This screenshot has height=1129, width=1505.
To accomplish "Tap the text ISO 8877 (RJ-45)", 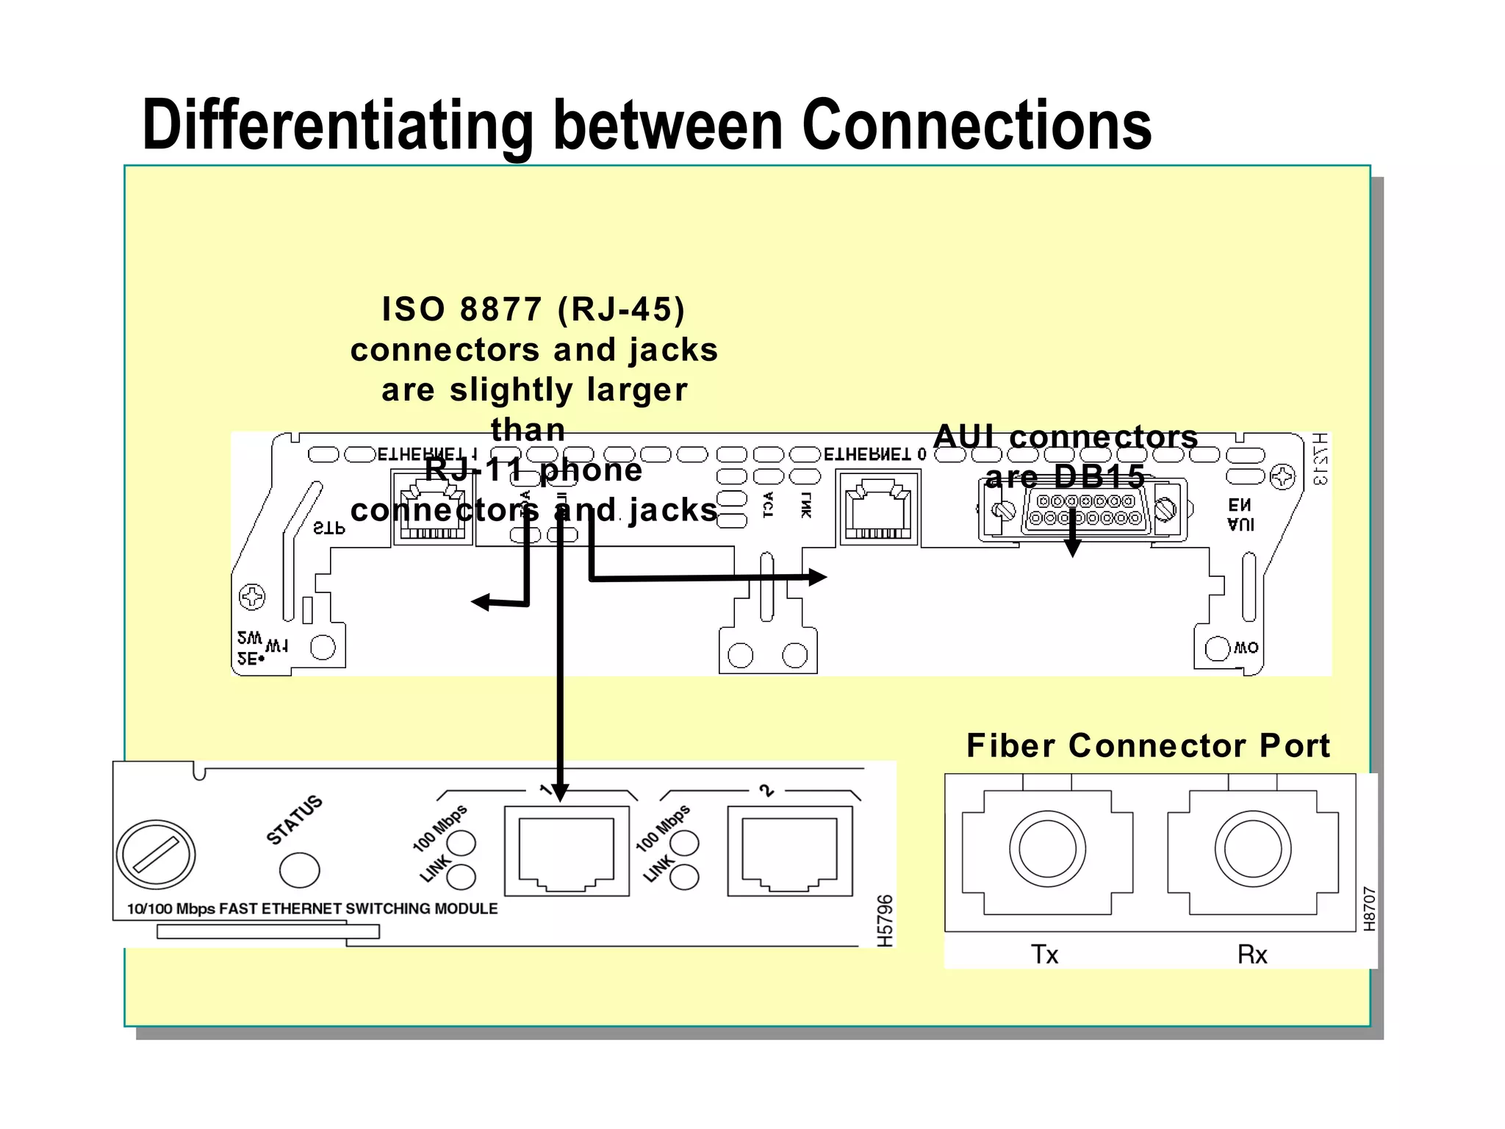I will (534, 309).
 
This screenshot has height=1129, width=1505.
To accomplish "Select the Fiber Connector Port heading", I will (1148, 746).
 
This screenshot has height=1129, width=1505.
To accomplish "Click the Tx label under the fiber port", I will (1044, 955).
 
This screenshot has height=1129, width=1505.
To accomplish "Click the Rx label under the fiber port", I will (1252, 955).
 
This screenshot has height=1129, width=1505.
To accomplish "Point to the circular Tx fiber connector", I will (1047, 849).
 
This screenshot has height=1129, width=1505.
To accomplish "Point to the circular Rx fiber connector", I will (1252, 849).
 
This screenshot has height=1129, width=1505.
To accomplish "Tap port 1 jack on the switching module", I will (567, 851).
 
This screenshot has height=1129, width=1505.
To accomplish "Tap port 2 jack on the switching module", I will (790, 851).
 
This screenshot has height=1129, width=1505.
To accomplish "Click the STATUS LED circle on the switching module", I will (300, 871).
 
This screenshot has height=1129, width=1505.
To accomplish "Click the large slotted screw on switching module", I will (156, 855).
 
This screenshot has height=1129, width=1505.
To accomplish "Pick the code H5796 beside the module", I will (886, 920).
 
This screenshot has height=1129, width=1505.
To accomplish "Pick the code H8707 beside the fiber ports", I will (1369, 908).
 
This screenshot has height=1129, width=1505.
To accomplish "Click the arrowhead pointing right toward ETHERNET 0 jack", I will (817, 577).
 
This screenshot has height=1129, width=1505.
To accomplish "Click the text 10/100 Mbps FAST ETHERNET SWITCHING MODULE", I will (312, 909).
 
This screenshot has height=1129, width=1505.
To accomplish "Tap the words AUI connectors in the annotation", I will (1066, 437).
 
